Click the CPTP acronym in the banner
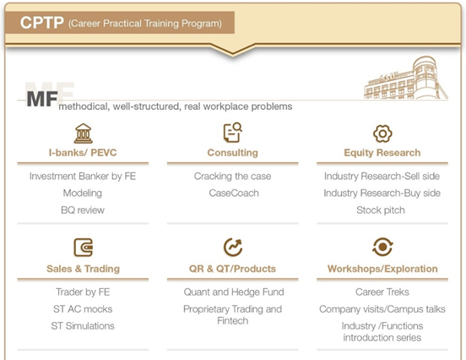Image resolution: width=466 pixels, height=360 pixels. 42,23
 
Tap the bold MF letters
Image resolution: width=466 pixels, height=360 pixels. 42,99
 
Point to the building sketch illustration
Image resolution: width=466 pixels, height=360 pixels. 406,78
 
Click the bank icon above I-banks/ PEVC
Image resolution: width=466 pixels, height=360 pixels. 84,134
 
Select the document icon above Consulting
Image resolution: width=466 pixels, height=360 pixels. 233,133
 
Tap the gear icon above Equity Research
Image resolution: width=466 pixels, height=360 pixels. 382,134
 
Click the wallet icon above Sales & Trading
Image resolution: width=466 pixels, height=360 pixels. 84,248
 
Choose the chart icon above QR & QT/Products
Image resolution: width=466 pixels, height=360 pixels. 233,247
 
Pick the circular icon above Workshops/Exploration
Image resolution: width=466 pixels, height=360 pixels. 382,247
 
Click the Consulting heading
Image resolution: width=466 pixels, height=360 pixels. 233,153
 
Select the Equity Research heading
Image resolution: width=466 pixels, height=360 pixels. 382,153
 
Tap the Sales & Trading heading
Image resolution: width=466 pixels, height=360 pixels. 84,269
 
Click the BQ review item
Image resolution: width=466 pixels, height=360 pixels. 83,210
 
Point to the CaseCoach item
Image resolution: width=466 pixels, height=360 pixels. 234,193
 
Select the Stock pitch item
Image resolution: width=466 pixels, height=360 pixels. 381,210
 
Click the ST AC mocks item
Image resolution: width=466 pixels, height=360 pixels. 83,309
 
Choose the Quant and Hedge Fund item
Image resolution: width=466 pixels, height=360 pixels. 234,292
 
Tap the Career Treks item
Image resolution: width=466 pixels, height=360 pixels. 382,292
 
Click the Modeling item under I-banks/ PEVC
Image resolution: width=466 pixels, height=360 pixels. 83,193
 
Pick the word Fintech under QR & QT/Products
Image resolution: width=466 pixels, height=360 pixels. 233,321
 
